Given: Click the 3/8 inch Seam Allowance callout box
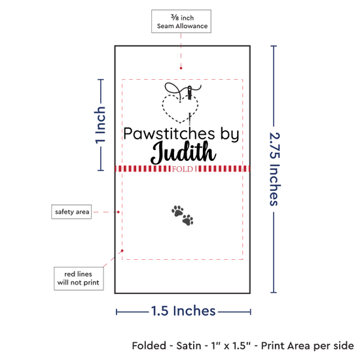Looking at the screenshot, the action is point(181,21).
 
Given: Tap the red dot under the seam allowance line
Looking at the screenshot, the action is point(181,68).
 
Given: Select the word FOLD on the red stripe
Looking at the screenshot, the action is point(183,169).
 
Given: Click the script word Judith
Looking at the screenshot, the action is point(183,153).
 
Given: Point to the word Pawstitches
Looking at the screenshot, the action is point(169,134).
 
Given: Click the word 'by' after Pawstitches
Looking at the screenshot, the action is point(230,134).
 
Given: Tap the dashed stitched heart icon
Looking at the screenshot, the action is point(180,109).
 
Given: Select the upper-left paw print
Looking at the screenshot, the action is point(177,211).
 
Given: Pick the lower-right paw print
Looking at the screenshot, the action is point(188,220).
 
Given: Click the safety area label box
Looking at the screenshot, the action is point(71,211).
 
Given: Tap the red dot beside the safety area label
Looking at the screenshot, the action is point(118,212).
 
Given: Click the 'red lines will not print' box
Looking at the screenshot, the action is point(79,278).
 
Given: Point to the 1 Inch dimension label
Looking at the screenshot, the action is point(100,125).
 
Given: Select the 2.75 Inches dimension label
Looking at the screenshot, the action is point(275,169).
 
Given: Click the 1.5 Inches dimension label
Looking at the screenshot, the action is point(183,311).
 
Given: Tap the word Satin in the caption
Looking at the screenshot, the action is point(189,346).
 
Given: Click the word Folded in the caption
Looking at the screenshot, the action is point(149,346).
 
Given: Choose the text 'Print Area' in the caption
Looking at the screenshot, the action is point(286,346).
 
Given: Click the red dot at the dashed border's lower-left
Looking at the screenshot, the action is point(122,251).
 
